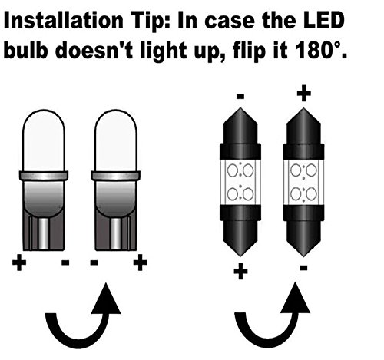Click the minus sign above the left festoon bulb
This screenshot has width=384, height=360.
coord(241,97)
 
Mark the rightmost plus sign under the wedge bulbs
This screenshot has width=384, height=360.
coord(140,263)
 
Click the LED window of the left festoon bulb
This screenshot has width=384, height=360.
coord(241,180)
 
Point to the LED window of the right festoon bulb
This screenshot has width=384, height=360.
coord(302,180)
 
